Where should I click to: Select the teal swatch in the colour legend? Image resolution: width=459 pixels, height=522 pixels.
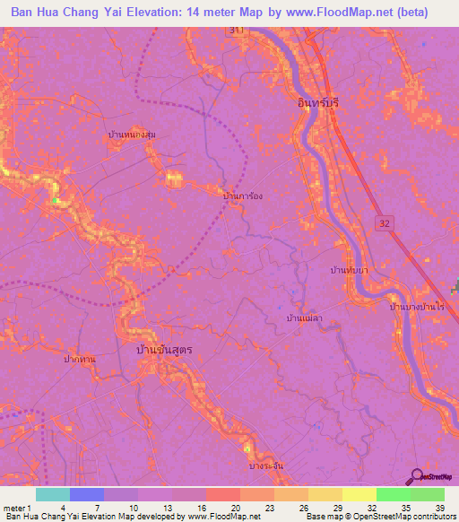point(53,494)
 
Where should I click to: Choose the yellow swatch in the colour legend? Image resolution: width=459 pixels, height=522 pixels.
point(359,494)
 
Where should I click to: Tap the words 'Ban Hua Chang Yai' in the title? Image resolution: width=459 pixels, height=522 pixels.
point(68,12)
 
